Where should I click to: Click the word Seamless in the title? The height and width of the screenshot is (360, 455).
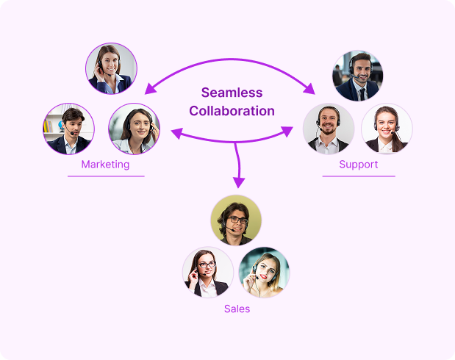point(232,93)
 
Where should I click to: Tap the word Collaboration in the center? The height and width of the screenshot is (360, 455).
point(232,112)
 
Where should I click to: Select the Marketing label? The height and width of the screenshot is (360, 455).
point(105,165)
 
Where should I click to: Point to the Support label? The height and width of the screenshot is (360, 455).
point(359,165)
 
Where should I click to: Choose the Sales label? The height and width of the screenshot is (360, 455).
point(237,309)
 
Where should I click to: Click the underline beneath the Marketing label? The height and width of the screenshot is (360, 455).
point(106,176)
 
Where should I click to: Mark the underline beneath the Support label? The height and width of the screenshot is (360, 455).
point(359,176)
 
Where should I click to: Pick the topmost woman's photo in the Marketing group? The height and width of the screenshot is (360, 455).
point(111,68)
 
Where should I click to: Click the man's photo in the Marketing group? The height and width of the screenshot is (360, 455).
point(68,129)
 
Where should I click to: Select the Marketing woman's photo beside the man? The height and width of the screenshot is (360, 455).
point(134,129)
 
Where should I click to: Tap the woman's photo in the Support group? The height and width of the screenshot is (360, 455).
point(387,129)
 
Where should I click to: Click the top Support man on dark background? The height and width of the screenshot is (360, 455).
point(358,76)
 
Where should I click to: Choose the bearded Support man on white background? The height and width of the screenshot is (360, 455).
point(329,129)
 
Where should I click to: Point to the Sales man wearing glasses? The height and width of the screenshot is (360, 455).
point(236,220)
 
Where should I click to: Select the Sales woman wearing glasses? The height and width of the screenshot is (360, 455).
point(208,272)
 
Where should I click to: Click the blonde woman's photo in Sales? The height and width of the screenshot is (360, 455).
point(264,272)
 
